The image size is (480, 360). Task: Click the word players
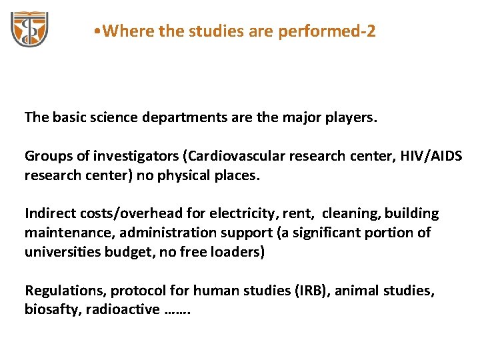(x=352, y=118)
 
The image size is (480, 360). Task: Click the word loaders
(x=236, y=253)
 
